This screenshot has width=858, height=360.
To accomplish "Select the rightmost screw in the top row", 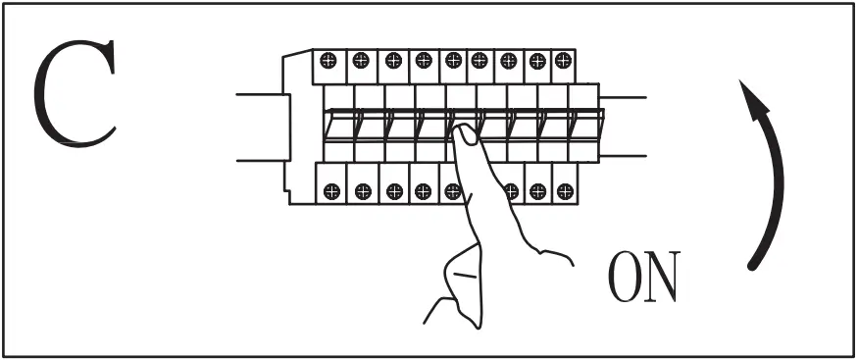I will pyautogui.click(x=563, y=60).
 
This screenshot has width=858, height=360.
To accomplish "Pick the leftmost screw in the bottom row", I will pyautogui.click(x=331, y=190).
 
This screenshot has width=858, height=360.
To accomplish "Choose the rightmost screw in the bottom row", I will pyautogui.click(x=563, y=190).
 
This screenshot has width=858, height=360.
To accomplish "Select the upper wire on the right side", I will pyautogui.click(x=622, y=97).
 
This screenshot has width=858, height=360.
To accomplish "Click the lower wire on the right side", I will pyautogui.click(x=622, y=156).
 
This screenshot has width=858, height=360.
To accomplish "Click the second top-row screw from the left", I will pyautogui.click(x=361, y=60).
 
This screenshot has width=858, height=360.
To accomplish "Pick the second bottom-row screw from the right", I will pyautogui.click(x=535, y=190).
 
